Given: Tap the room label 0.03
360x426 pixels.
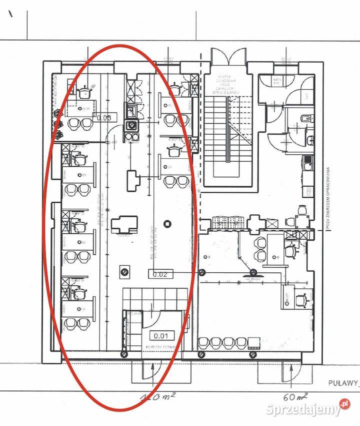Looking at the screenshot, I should click(x=104, y=118).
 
